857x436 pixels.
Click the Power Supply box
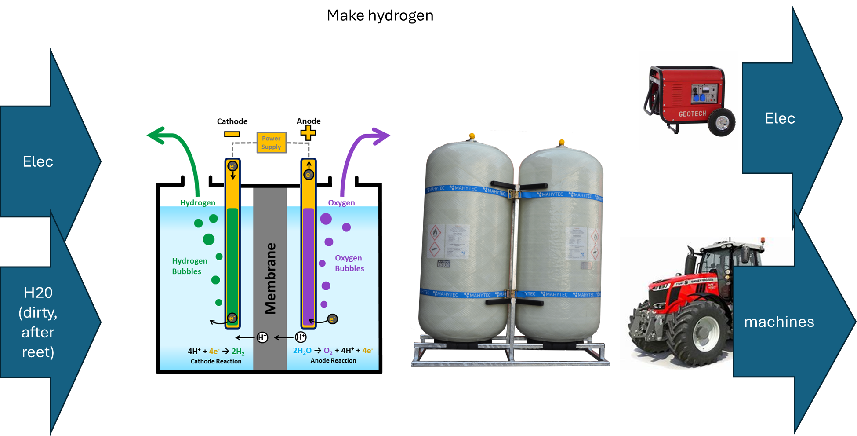tap(271, 143)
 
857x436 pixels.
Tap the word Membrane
tap(271, 278)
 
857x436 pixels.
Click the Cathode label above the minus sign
tap(232, 121)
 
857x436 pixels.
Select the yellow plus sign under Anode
tap(308, 132)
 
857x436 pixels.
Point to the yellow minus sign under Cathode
tap(232, 134)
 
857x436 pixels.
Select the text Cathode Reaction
tap(216, 361)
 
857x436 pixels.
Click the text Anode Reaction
tap(333, 360)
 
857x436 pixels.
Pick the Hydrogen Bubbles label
tap(189, 266)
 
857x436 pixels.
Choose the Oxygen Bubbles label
tap(349, 263)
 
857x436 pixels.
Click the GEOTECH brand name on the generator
tap(692, 114)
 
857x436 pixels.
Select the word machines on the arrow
tap(779, 322)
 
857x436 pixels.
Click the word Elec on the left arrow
tap(38, 161)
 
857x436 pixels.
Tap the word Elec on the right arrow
tap(780, 118)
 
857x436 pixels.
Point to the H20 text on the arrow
tap(38, 293)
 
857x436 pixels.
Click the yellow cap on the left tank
tap(472, 136)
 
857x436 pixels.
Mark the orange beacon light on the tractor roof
tap(763, 241)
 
